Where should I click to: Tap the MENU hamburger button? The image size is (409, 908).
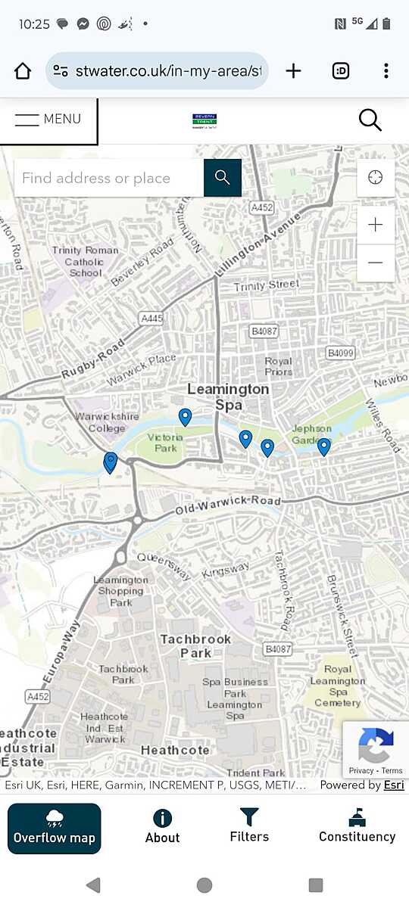point(48,120)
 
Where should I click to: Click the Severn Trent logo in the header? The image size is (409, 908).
point(204,121)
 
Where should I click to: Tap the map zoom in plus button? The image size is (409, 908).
point(375,225)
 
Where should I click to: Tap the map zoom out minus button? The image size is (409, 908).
point(375,263)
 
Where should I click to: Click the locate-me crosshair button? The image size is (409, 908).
point(375,178)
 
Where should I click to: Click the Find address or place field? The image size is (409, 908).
point(108,179)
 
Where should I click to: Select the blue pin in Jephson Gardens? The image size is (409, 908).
point(323,446)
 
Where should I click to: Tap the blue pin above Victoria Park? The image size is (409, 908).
point(185,416)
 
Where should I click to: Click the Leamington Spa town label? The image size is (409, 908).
point(228,396)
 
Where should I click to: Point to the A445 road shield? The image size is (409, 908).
point(151,319)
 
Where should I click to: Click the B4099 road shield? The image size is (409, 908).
point(340,353)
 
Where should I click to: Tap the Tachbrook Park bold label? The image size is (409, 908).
point(195,645)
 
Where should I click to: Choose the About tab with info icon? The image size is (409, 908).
point(162,826)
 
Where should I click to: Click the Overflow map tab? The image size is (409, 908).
point(55,828)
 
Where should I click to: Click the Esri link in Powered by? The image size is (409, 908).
point(393,785)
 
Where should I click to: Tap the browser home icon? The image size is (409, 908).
point(23,71)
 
